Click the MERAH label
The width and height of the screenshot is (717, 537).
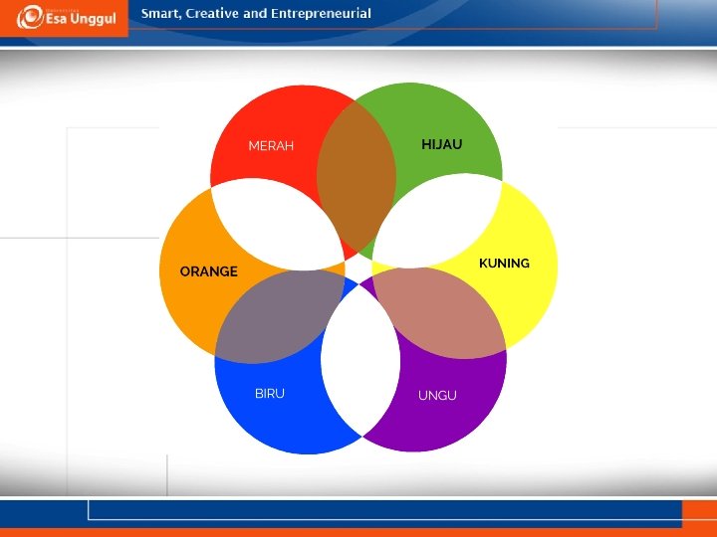[271, 145]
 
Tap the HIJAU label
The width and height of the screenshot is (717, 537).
[442, 144]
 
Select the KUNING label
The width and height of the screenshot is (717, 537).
[504, 264]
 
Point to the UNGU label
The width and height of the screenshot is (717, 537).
[437, 396]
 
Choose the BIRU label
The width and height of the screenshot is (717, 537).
[270, 394]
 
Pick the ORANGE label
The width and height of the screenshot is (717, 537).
[209, 271]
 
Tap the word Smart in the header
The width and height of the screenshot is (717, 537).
[161, 14]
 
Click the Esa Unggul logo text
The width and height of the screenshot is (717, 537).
[81, 19]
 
